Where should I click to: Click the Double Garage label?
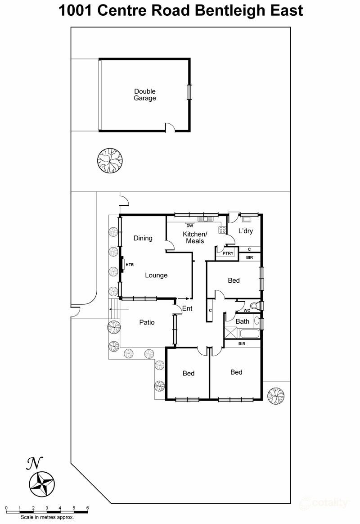click(x=145, y=95)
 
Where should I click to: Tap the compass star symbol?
click(x=42, y=483)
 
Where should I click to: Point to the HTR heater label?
click(x=130, y=265)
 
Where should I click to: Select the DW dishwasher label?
click(x=189, y=226)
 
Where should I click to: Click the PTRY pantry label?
click(x=228, y=254)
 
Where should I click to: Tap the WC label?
click(x=247, y=311)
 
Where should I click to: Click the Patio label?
click(x=147, y=322)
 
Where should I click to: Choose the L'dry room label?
click(x=245, y=231)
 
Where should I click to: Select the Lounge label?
click(x=156, y=275)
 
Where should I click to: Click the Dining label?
click(x=143, y=238)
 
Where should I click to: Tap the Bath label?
click(x=242, y=321)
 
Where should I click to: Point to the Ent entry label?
click(x=187, y=308)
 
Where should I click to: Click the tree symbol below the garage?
click(x=110, y=160)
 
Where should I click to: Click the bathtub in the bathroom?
click(x=249, y=334)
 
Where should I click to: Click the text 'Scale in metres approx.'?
click(x=47, y=518)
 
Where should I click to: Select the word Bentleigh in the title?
click(x=230, y=10)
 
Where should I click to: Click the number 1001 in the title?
click(x=76, y=10)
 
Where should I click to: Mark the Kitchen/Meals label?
click(x=195, y=238)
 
